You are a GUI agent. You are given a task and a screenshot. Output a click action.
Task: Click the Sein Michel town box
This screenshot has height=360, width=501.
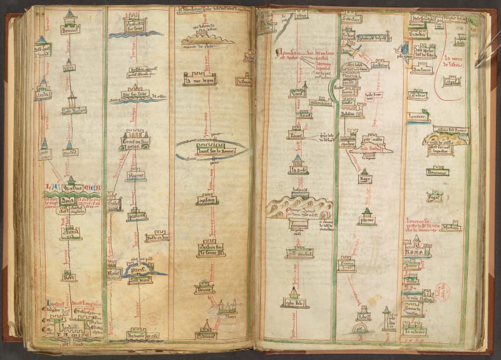click(299, 254)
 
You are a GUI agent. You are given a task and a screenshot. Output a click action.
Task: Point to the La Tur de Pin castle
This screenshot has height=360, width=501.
click(199, 80)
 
